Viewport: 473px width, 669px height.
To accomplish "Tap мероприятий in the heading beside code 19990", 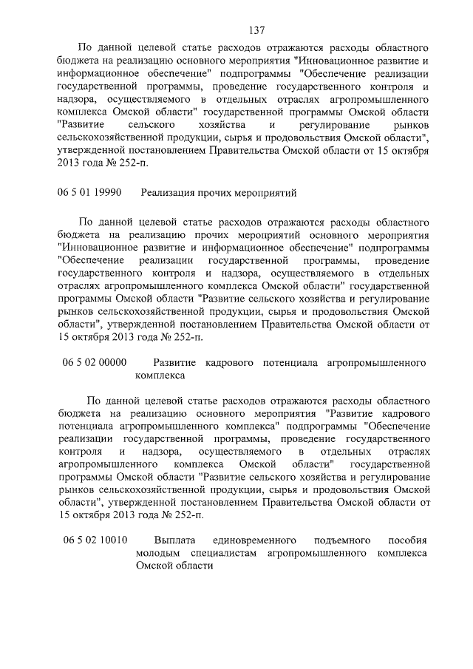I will click(x=267, y=193).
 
